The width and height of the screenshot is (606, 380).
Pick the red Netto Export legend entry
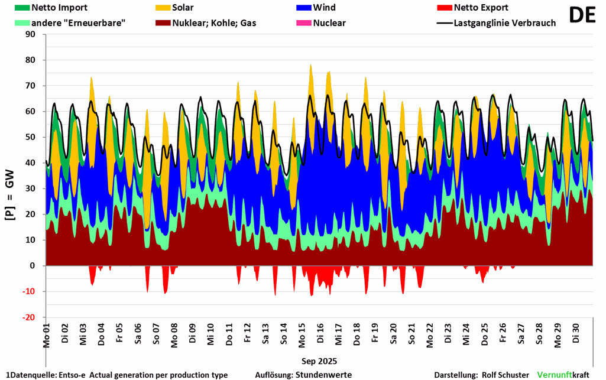click(x=481, y=8)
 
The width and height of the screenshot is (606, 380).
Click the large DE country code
click(x=582, y=15)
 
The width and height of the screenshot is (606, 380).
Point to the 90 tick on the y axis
click(x=31, y=34)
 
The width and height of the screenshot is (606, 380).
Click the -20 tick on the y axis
click(x=29, y=317)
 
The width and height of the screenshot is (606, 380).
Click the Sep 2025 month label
click(x=319, y=360)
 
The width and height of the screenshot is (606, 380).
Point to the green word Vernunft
click(x=555, y=375)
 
